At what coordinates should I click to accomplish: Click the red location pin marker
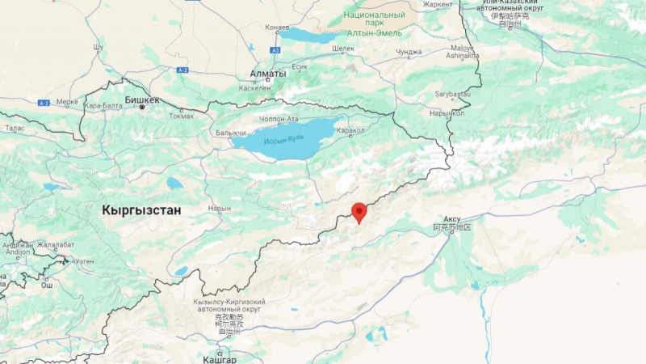tap(359, 212)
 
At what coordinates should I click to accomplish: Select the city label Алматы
tap(268, 74)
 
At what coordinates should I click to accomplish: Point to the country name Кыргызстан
tap(141, 210)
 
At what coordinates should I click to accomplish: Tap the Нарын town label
tap(220, 208)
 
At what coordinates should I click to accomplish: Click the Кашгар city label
tap(220, 358)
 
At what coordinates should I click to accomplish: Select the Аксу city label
tap(451, 219)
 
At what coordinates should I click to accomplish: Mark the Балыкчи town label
tap(230, 132)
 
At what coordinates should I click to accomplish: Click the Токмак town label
tap(181, 115)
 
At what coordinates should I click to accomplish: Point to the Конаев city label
tap(277, 28)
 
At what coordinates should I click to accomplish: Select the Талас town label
tap(15, 128)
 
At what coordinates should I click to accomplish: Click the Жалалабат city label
tap(55, 244)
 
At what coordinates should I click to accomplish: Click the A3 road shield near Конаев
tap(275, 50)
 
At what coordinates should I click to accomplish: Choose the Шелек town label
tap(343, 49)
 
